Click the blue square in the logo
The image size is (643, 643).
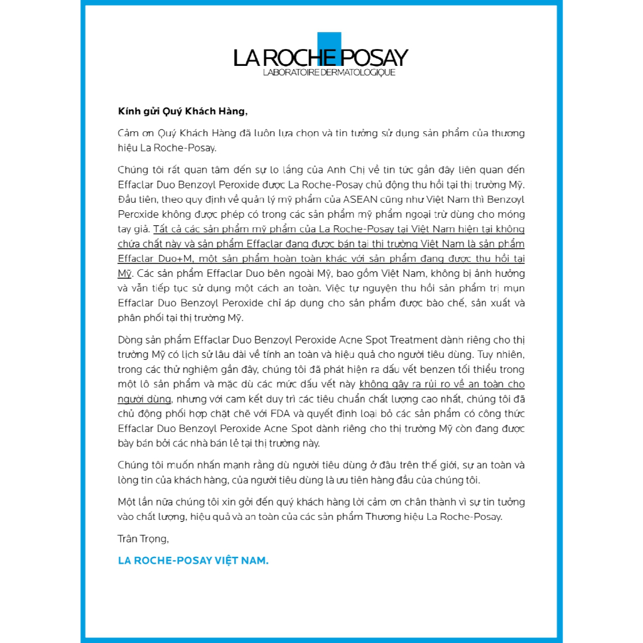329,48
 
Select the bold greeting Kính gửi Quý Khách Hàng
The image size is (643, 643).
183,111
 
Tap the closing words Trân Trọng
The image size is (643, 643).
143,538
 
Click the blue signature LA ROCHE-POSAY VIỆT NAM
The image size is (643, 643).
193,560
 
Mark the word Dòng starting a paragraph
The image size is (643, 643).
131,340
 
